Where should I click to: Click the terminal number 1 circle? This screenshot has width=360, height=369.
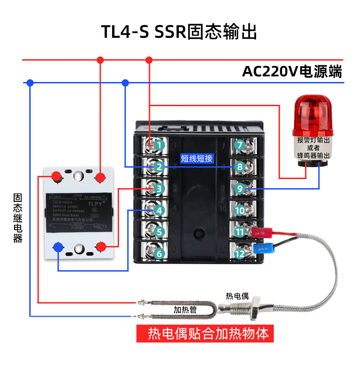(159, 145)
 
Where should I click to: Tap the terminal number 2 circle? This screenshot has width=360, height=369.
(159, 167)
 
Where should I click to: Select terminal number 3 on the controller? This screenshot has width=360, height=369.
(159, 188)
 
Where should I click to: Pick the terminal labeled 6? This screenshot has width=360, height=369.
(159, 253)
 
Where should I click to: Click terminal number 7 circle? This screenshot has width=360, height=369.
(240, 145)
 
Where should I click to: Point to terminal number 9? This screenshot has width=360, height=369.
(240, 188)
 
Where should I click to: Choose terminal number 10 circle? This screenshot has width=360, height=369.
(240, 210)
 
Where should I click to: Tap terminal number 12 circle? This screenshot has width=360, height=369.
(240, 253)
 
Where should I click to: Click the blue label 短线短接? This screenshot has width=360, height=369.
(197, 159)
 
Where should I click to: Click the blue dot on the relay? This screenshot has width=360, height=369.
(58, 247)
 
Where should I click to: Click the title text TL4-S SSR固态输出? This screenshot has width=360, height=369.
(180, 32)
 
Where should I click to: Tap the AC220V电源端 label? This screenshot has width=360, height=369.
(292, 72)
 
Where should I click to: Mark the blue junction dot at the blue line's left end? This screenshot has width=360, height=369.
(30, 83)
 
